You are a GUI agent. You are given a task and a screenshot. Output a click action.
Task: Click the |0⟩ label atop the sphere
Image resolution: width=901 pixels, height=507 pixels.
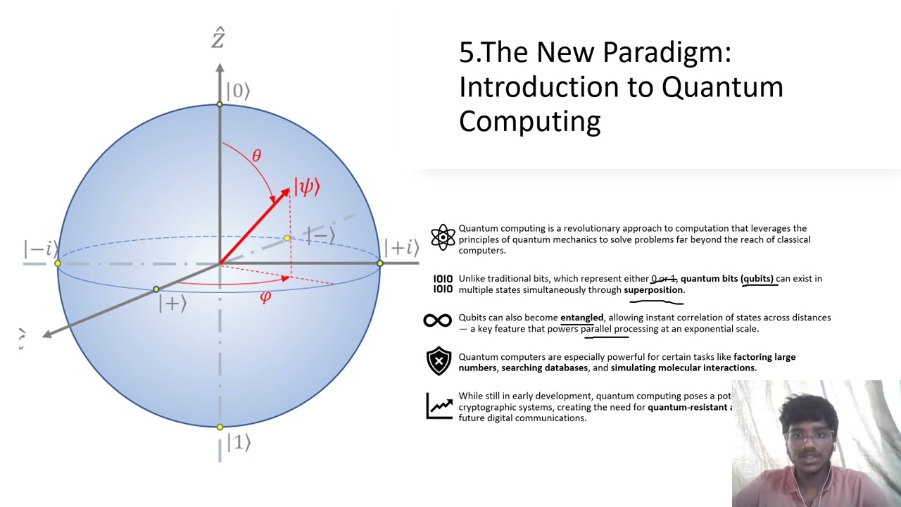coord(238,92)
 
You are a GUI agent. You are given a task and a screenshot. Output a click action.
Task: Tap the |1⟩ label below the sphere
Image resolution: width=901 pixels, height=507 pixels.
coord(238,443)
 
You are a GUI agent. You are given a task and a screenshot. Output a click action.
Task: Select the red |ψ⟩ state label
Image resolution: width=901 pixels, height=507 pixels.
coord(307,187)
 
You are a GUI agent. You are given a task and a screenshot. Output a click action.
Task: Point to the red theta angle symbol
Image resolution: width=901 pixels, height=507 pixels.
coord(256,156)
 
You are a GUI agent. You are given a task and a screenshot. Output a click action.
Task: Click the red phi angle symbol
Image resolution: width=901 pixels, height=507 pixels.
coord(265,297)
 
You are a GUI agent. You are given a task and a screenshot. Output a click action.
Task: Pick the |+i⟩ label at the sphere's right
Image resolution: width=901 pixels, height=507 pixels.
coord(401,248)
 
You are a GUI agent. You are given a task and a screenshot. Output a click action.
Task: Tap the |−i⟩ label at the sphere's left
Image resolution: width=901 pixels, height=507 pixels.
coord(40,249)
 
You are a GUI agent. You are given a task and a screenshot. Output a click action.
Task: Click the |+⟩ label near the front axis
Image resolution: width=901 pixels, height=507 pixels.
coord(172,304)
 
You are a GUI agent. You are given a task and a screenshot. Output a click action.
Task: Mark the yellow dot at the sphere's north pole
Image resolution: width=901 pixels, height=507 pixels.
coord(220,104)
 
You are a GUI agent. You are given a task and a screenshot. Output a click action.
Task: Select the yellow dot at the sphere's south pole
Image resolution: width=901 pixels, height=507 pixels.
coord(220,427)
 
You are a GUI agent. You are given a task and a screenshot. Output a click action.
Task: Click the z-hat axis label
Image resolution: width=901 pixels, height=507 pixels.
coord(218,38)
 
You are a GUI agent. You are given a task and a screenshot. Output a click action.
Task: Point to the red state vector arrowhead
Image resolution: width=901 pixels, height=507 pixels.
coord(284,192)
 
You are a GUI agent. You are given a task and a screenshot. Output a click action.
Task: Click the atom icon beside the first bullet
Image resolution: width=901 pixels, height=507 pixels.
coord(443,238)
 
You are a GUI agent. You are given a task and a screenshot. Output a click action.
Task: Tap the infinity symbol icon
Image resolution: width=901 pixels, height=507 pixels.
coord(438,321)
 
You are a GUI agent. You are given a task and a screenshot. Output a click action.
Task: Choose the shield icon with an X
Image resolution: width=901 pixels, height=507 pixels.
coord(439,361)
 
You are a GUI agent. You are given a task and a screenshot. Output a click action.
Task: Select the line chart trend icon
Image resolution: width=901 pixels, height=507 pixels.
coord(439,406)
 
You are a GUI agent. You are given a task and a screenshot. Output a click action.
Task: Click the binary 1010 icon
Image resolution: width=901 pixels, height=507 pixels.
coord(443,284)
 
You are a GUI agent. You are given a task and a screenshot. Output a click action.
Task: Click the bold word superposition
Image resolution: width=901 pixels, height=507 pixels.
coord(653,290)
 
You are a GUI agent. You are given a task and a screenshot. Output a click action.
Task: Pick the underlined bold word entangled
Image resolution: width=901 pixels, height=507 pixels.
coord(581,318)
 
